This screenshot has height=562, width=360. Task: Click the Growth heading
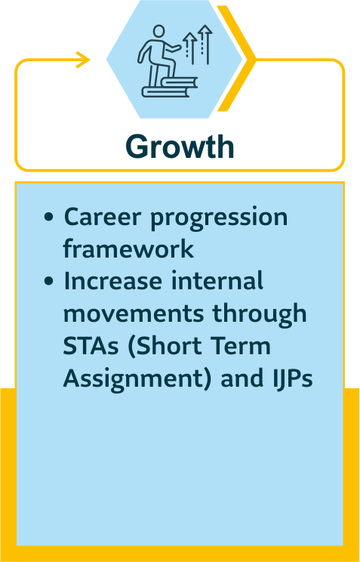click(x=180, y=147)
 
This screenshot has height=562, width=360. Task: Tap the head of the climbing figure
click(x=158, y=32)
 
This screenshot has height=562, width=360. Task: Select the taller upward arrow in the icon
click(x=205, y=44)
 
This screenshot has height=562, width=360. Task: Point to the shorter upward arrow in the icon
click(x=189, y=49)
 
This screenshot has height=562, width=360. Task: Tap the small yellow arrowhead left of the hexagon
click(x=83, y=60)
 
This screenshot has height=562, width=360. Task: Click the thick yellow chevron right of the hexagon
click(x=236, y=58)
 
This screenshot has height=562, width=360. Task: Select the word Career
click(x=94, y=218)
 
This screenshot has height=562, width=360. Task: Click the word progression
click(x=209, y=218)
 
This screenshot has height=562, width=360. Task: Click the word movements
click(x=135, y=314)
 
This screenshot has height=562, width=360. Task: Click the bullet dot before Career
click(x=49, y=218)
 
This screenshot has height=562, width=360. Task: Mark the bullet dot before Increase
click(x=49, y=281)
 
